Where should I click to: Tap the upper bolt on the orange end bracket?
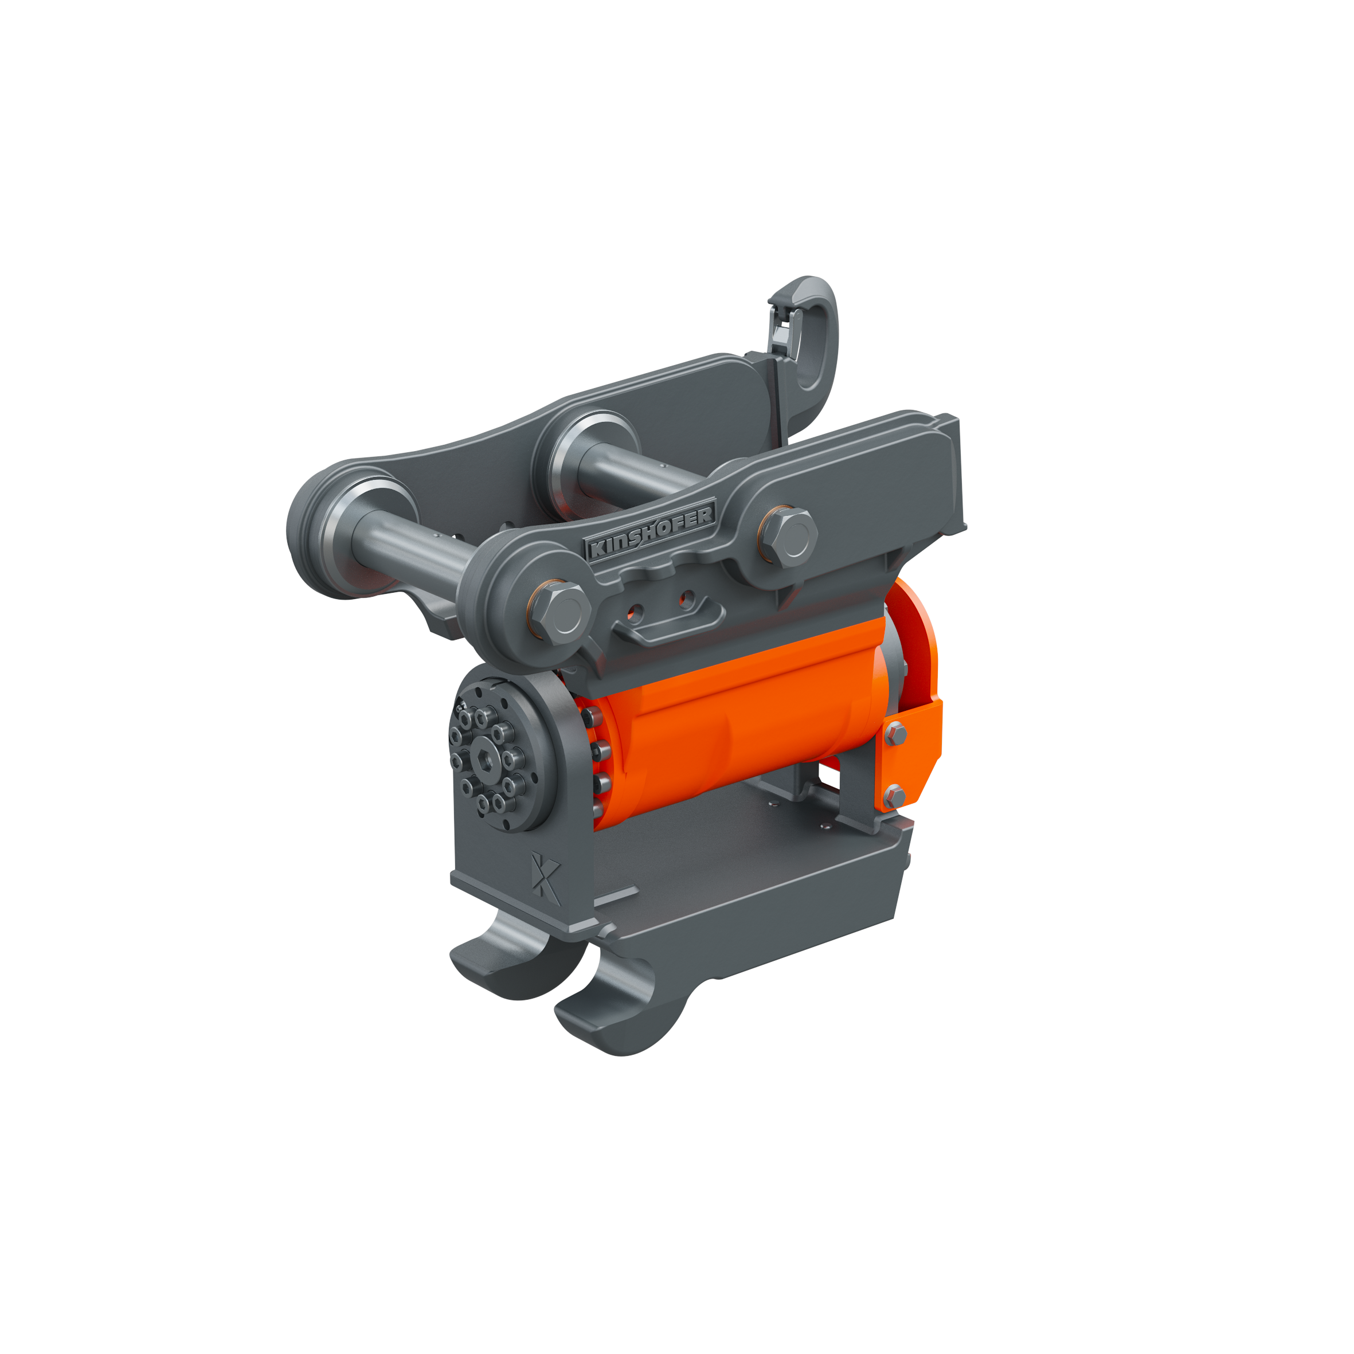point(895,734)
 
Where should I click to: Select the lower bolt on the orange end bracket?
point(894,796)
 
